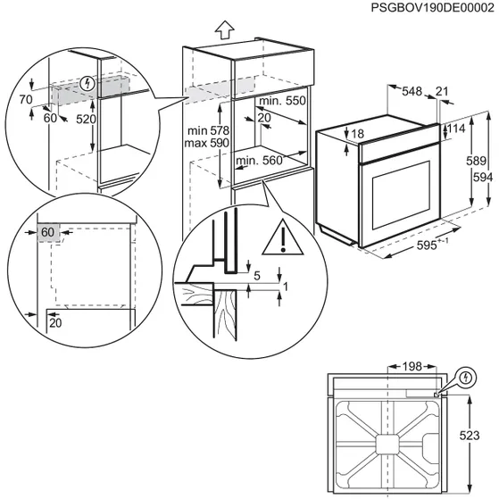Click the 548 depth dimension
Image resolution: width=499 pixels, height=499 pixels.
pyautogui.click(x=412, y=91)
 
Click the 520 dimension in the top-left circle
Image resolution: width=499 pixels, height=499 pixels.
pyautogui.click(x=85, y=118)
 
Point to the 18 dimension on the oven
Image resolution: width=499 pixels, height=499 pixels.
pyautogui.click(x=357, y=134)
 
